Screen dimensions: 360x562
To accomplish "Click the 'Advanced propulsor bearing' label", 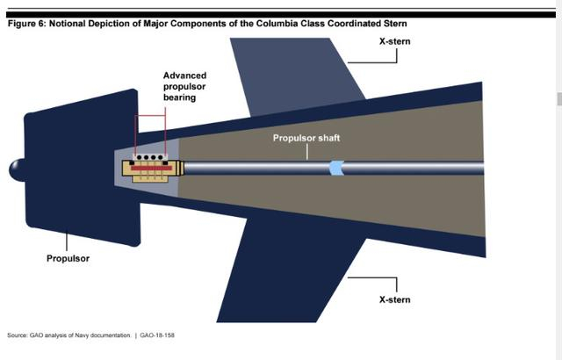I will [191, 86].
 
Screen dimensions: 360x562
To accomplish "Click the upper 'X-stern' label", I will [394, 40].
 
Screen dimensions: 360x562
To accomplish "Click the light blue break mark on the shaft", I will [335, 167].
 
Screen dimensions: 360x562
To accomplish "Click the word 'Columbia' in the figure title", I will [277, 24].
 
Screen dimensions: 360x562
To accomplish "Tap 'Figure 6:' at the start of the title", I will [27, 24].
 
